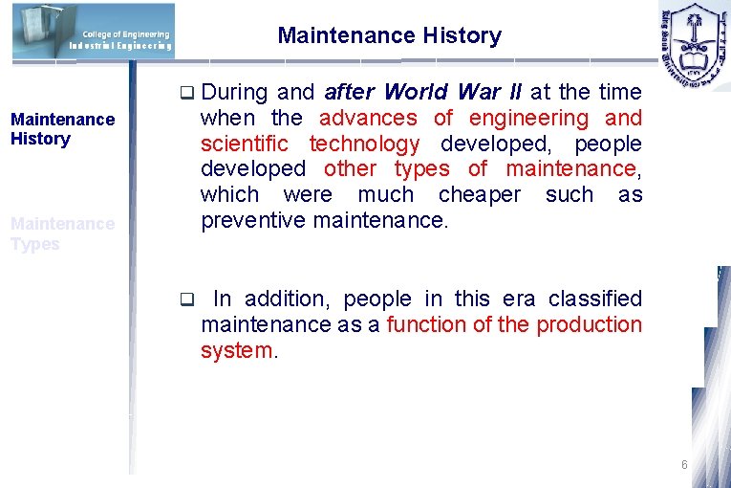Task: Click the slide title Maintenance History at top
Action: click(x=389, y=36)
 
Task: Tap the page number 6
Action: click(x=684, y=465)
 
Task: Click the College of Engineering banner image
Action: click(x=94, y=31)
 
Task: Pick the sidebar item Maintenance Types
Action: click(x=62, y=233)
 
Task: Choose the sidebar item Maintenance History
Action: click(x=62, y=129)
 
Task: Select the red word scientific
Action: click(x=244, y=144)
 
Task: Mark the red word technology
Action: click(x=364, y=144)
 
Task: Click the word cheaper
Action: click(x=480, y=195)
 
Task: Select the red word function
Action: click(x=427, y=325)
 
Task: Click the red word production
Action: click(x=589, y=325)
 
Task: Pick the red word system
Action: click(x=236, y=351)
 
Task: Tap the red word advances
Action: click(x=368, y=119)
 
